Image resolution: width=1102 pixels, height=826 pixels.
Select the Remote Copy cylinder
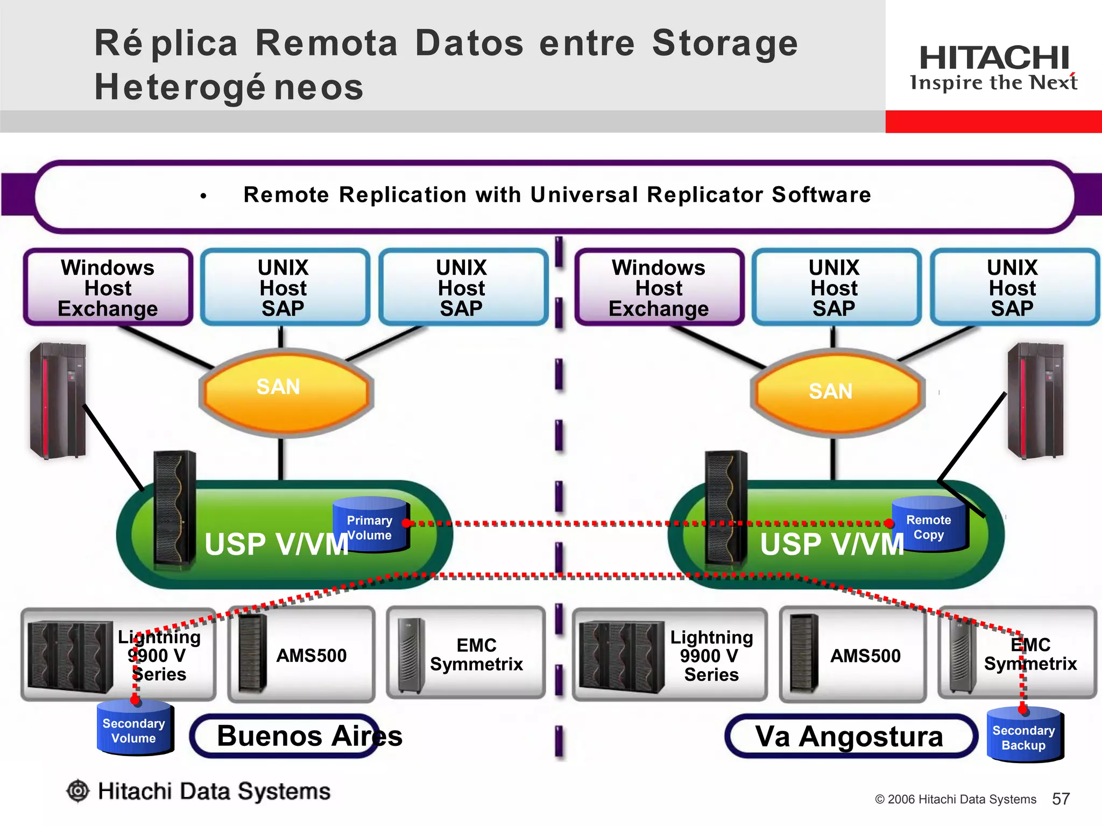pyautogui.click(x=929, y=524)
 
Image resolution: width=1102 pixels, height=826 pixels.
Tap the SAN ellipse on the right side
pyautogui.click(x=837, y=393)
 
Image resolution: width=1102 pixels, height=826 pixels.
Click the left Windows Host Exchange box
pyautogui.click(x=108, y=288)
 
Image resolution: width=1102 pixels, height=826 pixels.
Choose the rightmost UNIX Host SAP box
pyautogui.click(x=1013, y=288)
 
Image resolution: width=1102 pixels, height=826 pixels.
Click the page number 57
pyautogui.click(x=1061, y=799)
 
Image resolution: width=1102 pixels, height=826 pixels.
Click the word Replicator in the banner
pyautogui.click(x=704, y=195)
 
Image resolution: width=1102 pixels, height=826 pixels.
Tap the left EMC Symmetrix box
pyautogui.click(x=466, y=653)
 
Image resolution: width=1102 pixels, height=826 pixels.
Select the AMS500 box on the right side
pyautogui.click(x=852, y=655)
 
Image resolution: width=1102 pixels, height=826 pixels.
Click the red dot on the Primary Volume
pyautogui.click(x=406, y=523)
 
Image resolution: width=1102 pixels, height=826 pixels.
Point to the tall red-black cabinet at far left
pyautogui.click(x=58, y=401)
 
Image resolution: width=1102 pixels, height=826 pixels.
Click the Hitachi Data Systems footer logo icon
pyautogui.click(x=79, y=791)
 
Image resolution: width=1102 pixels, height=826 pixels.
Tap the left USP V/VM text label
pyautogui.click(x=276, y=544)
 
